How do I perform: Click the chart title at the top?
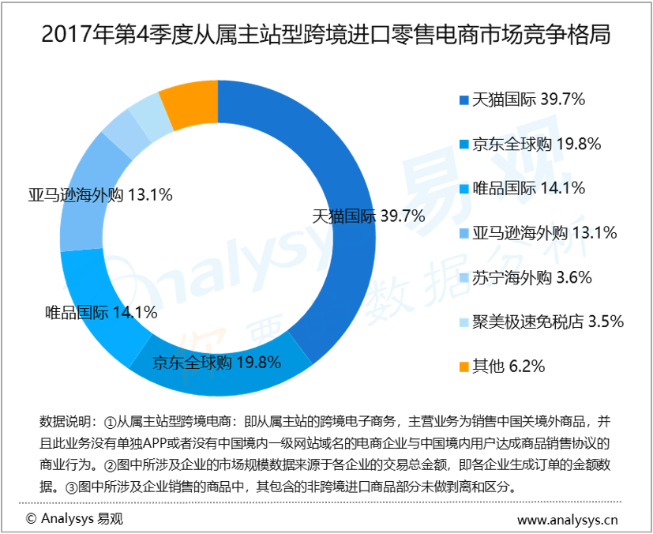tap(326, 36)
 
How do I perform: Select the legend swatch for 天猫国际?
tap(463, 100)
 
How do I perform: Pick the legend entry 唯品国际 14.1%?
tap(528, 188)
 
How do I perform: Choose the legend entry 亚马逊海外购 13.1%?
tap(544, 233)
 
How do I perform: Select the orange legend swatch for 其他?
tap(463, 367)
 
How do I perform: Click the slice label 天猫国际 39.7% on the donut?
tap(369, 216)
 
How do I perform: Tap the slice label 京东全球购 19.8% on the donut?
tap(217, 363)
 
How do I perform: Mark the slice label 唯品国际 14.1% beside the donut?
tap(101, 312)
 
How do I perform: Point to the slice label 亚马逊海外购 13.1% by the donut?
tap(100, 194)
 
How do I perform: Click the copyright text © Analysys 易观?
tap(74, 519)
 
